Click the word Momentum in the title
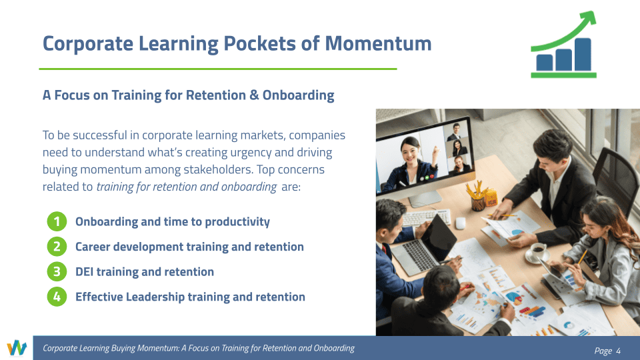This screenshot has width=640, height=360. point(378,43)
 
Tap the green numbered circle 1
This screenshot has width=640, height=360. point(57,221)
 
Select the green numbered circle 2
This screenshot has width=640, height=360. point(57,247)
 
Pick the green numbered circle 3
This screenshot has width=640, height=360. point(57,272)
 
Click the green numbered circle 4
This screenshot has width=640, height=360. point(57,297)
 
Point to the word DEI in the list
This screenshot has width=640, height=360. point(85,272)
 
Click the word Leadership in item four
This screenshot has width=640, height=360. point(155,297)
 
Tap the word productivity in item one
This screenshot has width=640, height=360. point(237,222)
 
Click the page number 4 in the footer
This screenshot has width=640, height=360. point(619,351)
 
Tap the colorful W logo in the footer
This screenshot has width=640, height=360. point(17,348)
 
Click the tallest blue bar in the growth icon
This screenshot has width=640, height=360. point(583,54)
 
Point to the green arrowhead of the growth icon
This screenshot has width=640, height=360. point(589,19)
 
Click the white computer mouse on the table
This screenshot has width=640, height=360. point(461,223)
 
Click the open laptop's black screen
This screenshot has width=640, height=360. point(439,237)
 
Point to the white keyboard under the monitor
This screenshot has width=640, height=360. point(427,217)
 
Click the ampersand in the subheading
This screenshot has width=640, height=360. point(254,95)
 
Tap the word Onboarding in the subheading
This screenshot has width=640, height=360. point(299,95)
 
